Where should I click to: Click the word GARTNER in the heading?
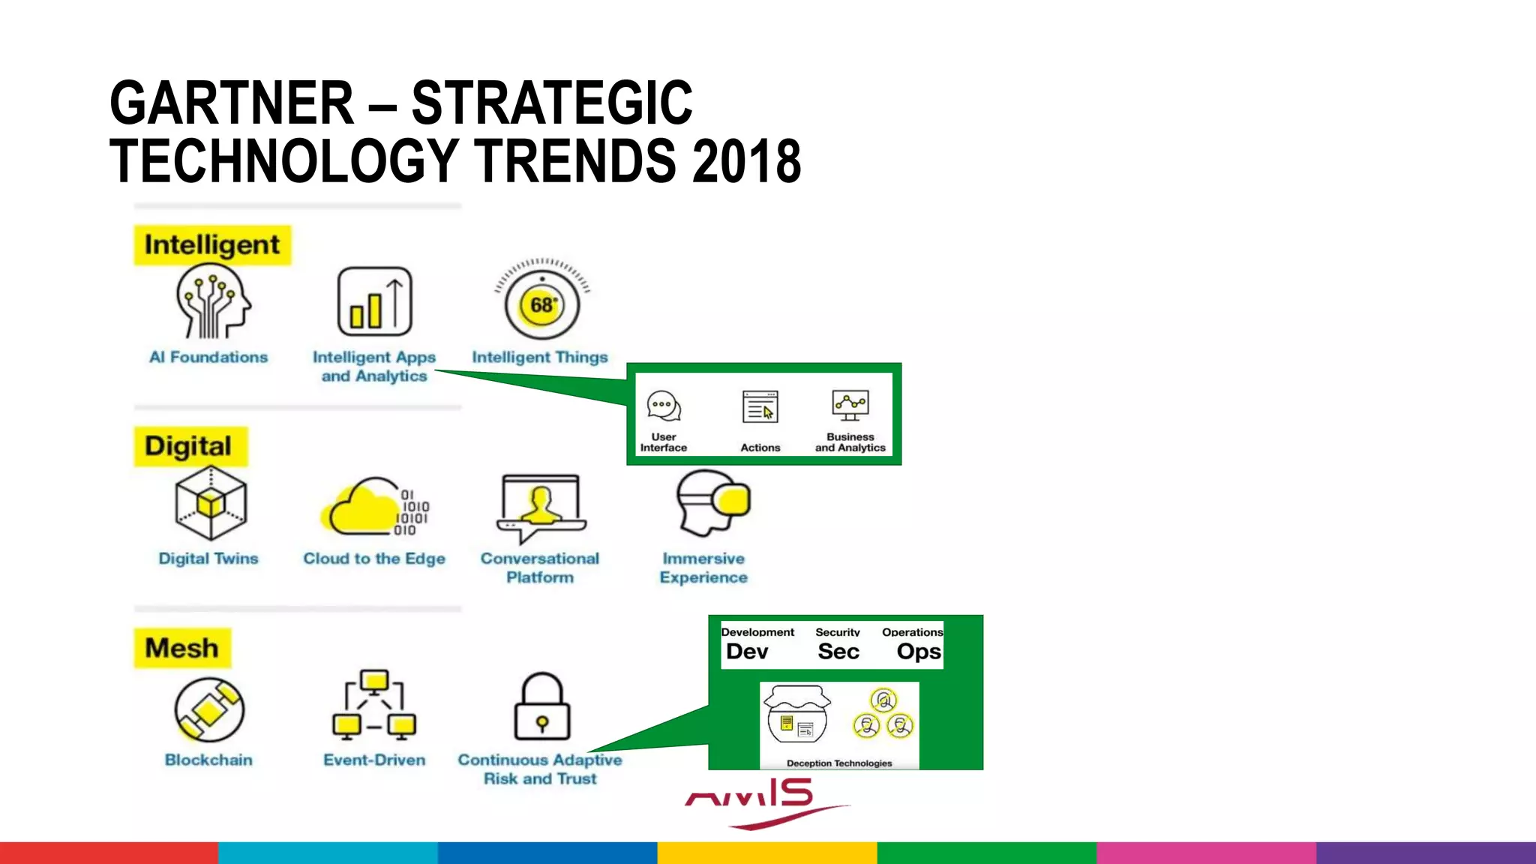click(x=231, y=103)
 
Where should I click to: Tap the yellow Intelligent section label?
click(x=212, y=245)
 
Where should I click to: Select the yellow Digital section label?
click(x=189, y=446)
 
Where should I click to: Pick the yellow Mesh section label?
click(x=182, y=648)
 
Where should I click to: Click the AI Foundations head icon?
click(x=212, y=301)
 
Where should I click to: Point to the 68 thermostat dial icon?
click(x=541, y=304)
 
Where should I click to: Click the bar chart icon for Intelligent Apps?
click(x=374, y=301)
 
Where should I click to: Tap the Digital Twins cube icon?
click(x=211, y=503)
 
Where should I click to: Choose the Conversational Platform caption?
click(x=540, y=568)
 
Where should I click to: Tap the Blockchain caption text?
click(x=208, y=760)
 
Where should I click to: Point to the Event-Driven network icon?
click(x=373, y=705)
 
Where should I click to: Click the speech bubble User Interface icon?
click(x=664, y=406)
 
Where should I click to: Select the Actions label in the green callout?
click(x=760, y=448)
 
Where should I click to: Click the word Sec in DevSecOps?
click(x=838, y=651)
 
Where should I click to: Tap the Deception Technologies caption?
click(x=838, y=763)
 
